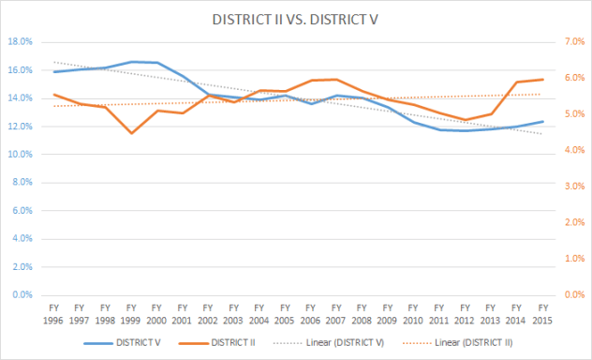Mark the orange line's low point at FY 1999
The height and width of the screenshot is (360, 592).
(x=131, y=133)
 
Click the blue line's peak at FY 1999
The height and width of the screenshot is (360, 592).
(x=131, y=62)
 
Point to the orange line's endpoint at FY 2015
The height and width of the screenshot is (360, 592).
(x=541, y=80)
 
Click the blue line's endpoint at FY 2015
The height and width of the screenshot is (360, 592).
(x=541, y=121)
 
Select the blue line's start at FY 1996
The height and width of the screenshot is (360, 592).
(x=54, y=72)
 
